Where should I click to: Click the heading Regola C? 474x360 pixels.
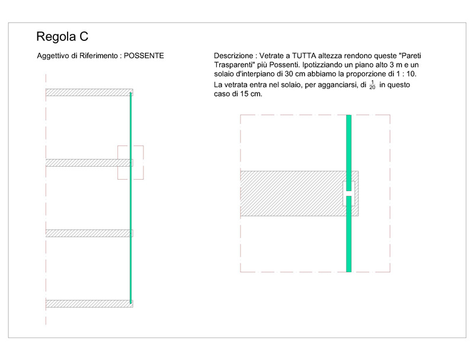(x=62, y=37)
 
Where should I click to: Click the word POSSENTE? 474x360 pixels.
(x=144, y=56)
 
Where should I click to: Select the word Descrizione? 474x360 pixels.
(x=233, y=56)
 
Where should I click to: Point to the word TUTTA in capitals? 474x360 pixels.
(x=304, y=56)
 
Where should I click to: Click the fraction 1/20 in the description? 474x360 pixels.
(x=372, y=85)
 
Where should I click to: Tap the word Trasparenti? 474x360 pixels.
(x=232, y=65)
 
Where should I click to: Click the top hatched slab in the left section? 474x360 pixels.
(x=89, y=93)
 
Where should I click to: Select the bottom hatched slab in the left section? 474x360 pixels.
(x=89, y=304)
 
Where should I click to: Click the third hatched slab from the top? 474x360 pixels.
(x=89, y=233)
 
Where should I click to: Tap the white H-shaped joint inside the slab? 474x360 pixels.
(x=348, y=193)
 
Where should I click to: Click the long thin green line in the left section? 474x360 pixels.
(x=130, y=198)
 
